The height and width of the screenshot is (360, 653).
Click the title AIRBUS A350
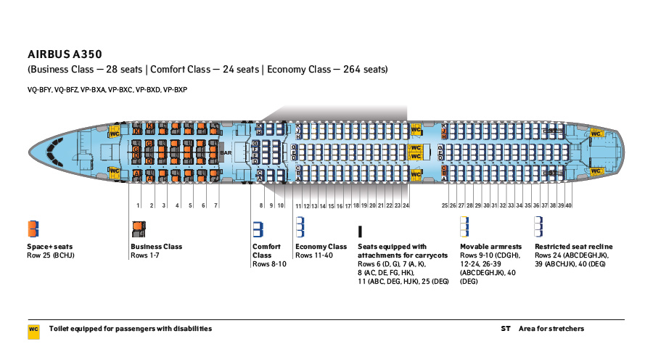point(65,54)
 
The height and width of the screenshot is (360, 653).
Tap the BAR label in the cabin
point(226,153)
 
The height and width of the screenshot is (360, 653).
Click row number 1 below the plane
point(138,206)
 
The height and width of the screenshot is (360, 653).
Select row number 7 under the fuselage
point(215,206)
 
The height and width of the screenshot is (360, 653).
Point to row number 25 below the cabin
point(445,206)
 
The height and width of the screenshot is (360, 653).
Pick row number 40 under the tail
point(569,206)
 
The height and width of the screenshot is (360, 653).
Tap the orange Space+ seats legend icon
point(33,229)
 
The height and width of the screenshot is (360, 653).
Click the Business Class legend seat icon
point(137,229)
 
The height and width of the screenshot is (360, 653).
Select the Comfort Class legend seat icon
point(257,229)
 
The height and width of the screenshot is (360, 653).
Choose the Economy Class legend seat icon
point(300,229)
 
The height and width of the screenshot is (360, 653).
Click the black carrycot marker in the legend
point(360,232)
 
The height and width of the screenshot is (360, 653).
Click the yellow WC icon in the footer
point(33,329)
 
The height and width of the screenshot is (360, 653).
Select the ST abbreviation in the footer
point(506,329)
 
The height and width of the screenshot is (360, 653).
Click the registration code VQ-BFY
point(39,90)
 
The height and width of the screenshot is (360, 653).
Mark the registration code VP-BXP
point(175,90)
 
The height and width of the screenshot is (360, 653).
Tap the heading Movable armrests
point(490,247)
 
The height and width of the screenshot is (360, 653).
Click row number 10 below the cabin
point(281,206)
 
